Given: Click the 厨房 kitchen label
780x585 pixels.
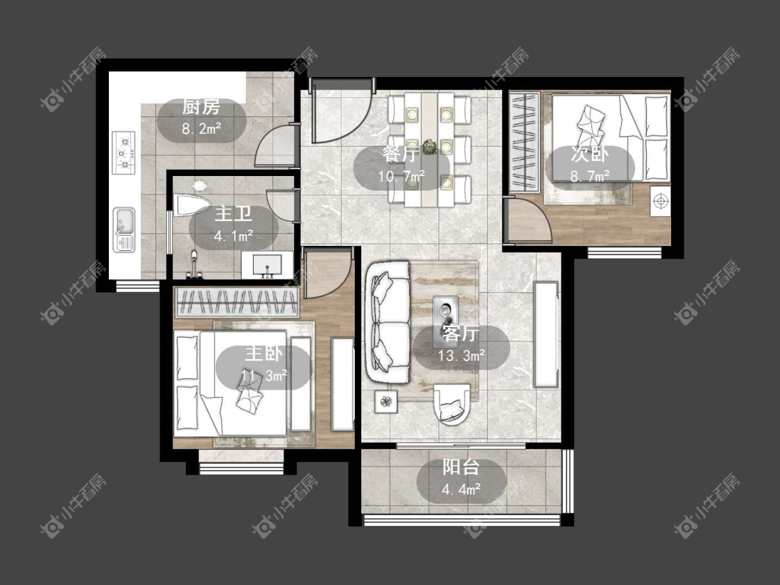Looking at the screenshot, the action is pyautogui.click(x=201, y=107).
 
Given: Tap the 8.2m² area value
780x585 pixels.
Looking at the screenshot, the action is pyautogui.click(x=202, y=130).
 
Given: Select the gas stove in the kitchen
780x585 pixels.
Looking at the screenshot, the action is pyautogui.click(x=124, y=152).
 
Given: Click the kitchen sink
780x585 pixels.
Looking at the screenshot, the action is pyautogui.click(x=124, y=229).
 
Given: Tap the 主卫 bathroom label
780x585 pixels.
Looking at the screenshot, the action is pyautogui.click(x=233, y=214).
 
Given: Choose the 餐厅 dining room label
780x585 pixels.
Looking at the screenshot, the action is pyautogui.click(x=401, y=154).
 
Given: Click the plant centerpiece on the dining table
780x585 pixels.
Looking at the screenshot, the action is pyautogui.click(x=428, y=147).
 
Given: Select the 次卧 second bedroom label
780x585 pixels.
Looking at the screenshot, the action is pyautogui.click(x=589, y=155).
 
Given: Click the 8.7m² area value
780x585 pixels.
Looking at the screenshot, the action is pyautogui.click(x=590, y=177).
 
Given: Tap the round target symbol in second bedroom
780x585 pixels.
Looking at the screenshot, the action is pyautogui.click(x=660, y=201).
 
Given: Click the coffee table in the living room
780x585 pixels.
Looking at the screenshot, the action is pyautogui.click(x=446, y=322).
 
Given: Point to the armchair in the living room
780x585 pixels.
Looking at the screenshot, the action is pyautogui.click(x=451, y=404).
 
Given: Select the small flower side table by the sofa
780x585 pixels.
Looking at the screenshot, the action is pyautogui.click(x=386, y=401).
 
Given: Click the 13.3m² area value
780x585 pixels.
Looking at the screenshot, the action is pyautogui.click(x=462, y=356).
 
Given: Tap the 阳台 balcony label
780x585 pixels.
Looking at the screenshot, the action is pyautogui.click(x=461, y=467).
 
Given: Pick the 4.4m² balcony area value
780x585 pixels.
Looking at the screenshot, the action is pyautogui.click(x=461, y=490).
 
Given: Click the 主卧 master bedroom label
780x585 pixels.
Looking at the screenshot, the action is pyautogui.click(x=263, y=354).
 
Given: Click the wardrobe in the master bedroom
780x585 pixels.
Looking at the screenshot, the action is pyautogui.click(x=238, y=302).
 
